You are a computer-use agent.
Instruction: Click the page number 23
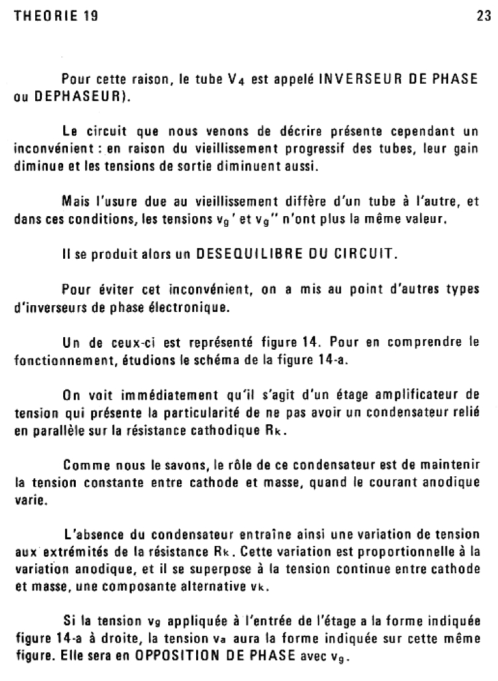[x=483, y=18]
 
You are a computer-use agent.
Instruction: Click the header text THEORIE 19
[x=57, y=18]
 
